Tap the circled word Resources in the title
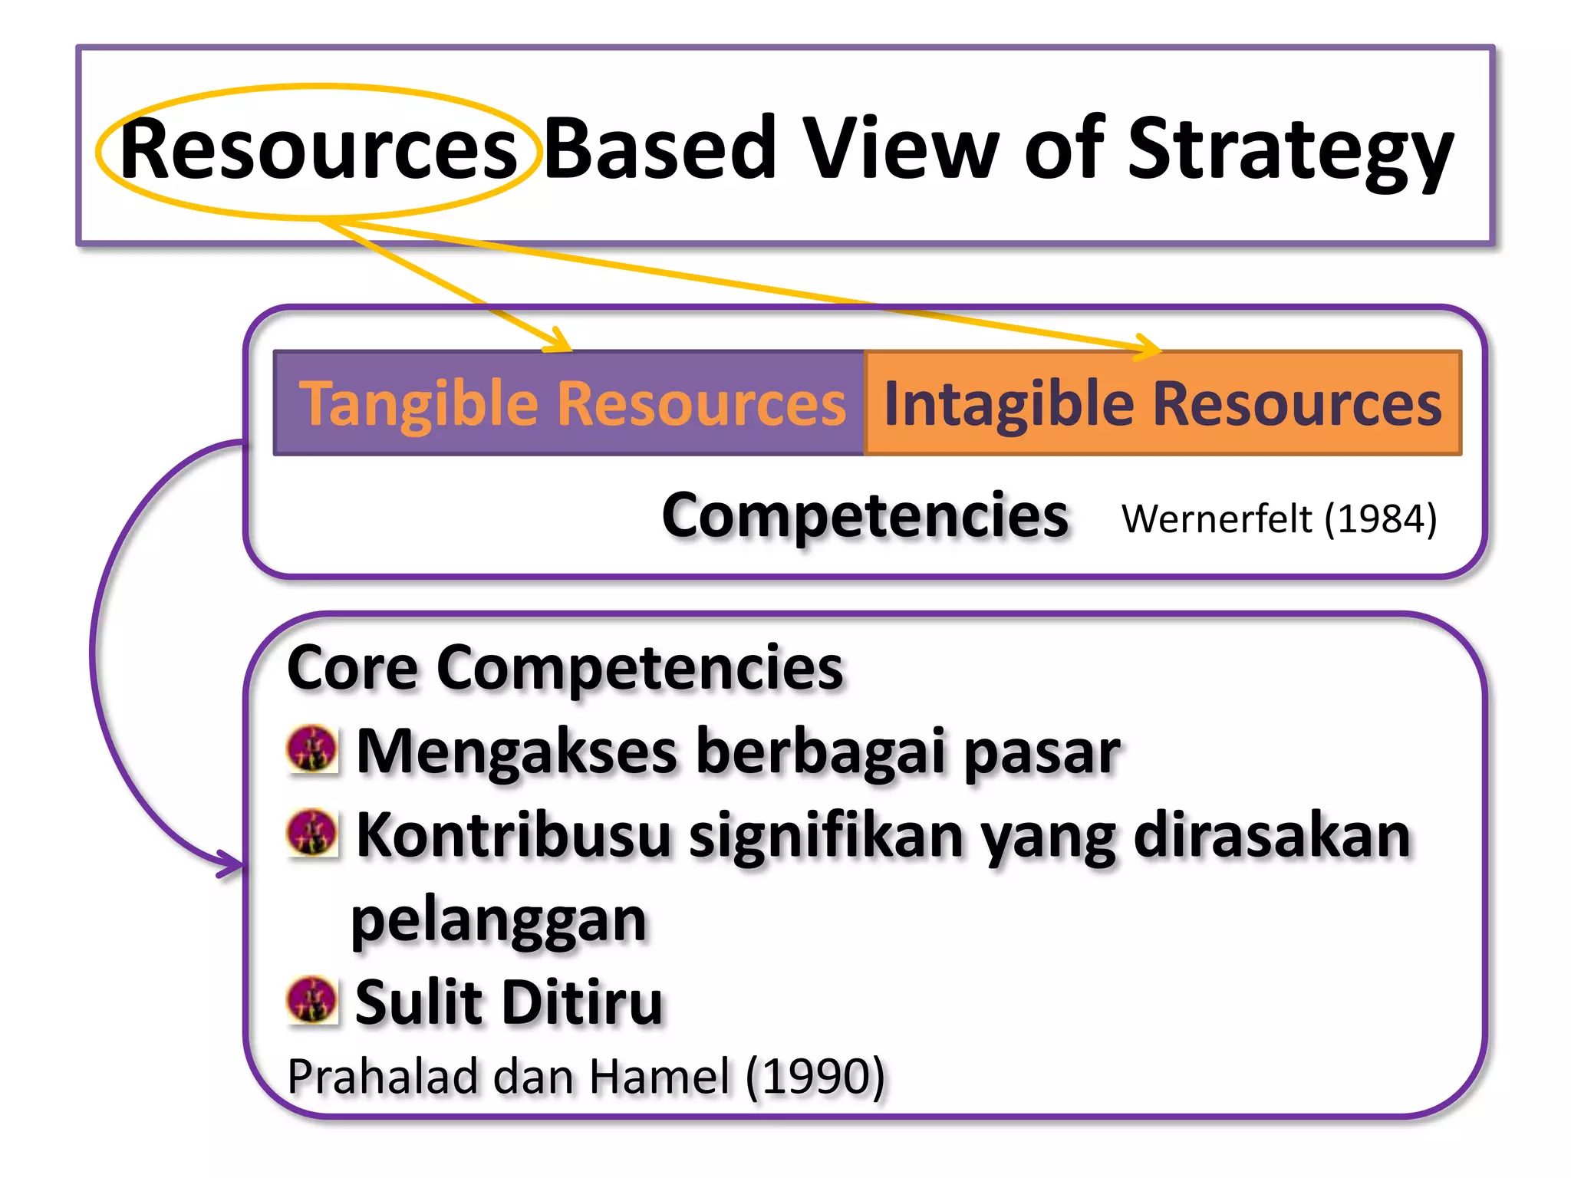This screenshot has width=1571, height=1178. click(x=318, y=150)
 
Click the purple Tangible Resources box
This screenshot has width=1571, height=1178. click(x=569, y=403)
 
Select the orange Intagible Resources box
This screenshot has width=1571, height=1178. click(x=1162, y=403)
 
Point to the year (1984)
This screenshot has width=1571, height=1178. click(x=1381, y=519)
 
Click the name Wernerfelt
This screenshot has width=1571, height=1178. click(x=1217, y=519)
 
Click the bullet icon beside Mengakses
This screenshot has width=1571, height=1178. click(x=312, y=749)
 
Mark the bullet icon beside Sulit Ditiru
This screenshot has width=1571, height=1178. click(x=312, y=999)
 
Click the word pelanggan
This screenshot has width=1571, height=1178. click(x=499, y=920)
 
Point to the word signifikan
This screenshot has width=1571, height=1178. click(x=825, y=836)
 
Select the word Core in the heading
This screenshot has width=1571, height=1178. click(x=352, y=668)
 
